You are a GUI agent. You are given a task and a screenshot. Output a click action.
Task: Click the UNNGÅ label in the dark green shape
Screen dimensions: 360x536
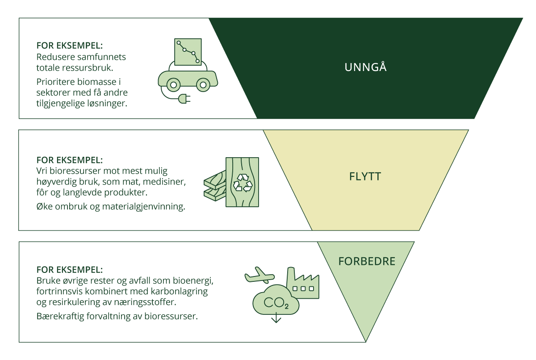coord(365,67)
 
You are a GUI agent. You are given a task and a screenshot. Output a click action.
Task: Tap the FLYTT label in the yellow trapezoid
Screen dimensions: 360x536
coord(365,176)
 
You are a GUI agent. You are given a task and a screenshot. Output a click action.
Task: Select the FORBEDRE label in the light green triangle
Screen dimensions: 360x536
coord(367,261)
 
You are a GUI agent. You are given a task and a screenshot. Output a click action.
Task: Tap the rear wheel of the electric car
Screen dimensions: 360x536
coord(173,84)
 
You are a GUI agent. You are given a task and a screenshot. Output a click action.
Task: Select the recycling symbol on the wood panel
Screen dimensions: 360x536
coord(243,182)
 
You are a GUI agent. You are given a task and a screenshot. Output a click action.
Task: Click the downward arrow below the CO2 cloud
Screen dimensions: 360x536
coord(276,318)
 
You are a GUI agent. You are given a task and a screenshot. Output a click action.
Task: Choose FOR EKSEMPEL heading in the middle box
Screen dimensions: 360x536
coord(69,160)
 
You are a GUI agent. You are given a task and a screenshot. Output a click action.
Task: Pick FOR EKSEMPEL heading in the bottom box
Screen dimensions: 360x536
coord(69,270)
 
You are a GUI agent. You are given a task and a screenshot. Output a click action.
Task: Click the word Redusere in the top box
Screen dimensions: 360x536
coord(53,57)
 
